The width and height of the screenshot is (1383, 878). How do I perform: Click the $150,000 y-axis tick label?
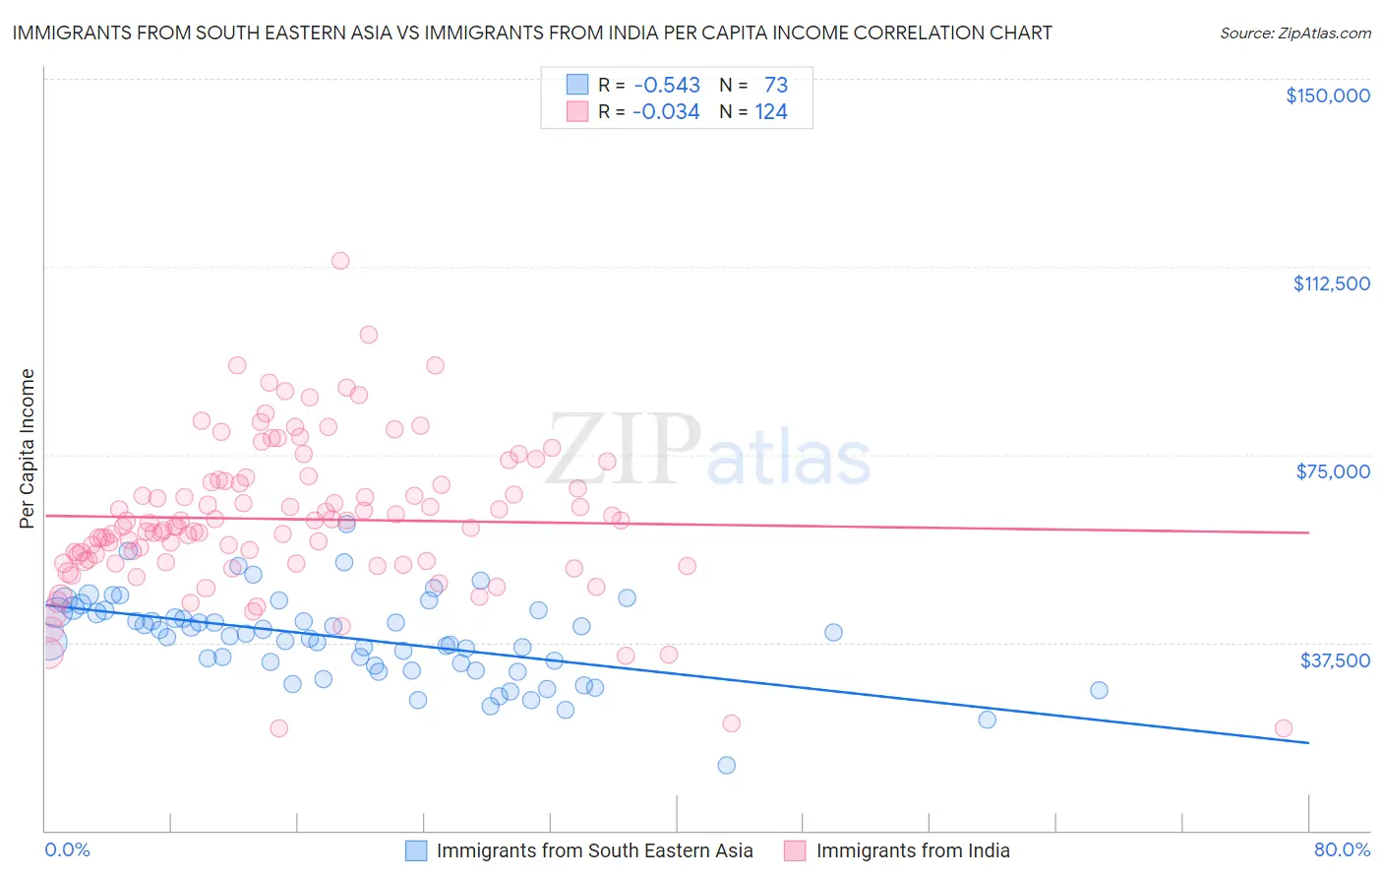1328,95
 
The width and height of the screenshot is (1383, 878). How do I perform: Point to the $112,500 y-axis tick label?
1331,283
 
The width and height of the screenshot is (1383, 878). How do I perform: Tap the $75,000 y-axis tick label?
1333,471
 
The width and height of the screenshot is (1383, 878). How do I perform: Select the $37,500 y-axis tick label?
1335,660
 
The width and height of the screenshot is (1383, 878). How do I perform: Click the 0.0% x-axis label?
67,850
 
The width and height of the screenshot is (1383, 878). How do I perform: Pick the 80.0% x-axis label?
1342,850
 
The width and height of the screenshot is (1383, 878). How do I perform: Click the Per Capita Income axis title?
28,448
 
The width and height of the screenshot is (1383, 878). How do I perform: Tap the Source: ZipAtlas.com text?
1294,33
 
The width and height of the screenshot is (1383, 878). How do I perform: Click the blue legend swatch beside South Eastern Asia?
416,850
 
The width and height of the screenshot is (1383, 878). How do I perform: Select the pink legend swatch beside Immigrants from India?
795,850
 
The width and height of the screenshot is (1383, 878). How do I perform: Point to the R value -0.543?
666,86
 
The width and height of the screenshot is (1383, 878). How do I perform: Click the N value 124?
771,112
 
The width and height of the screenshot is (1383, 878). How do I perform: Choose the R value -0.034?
666,112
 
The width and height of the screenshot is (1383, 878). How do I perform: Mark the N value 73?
776,86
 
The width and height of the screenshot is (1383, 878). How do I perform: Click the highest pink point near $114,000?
340,261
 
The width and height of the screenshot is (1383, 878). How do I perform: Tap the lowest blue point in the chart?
727,765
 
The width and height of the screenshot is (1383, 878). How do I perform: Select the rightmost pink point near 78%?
1283,728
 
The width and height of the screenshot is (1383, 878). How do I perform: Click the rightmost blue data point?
1099,690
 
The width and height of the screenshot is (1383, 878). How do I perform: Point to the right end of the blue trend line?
1308,742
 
